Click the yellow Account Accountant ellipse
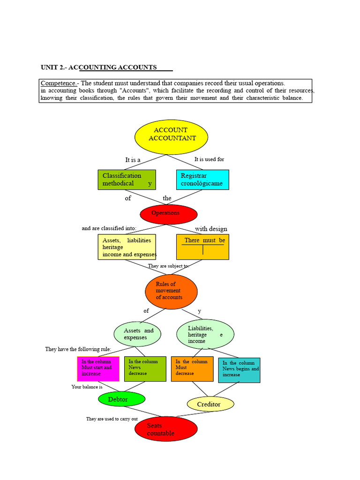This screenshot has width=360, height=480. (171, 137)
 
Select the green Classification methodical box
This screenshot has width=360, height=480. (127, 180)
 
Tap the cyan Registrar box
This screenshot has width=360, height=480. (202, 180)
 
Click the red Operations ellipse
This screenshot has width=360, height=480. (169, 214)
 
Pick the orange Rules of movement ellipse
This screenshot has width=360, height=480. (171, 292)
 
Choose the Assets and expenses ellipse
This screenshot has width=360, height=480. (137, 334)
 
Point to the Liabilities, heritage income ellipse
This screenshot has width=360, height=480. (205, 334)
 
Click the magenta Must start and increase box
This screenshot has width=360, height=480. (98, 369)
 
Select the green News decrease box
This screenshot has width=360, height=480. (145, 369)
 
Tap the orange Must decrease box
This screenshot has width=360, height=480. (192, 369)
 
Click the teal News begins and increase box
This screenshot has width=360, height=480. (240, 370)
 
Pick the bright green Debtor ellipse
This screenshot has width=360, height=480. (121, 399)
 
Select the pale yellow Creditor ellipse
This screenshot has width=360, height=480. (210, 404)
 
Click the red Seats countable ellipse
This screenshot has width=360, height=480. (166, 429)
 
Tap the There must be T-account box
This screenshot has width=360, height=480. (202, 247)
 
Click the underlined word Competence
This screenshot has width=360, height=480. (58, 83)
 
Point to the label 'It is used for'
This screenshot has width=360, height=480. (210, 159)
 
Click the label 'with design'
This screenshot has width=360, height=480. (211, 229)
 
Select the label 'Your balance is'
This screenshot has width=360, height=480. (87, 387)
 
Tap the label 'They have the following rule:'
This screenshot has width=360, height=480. (78, 349)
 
